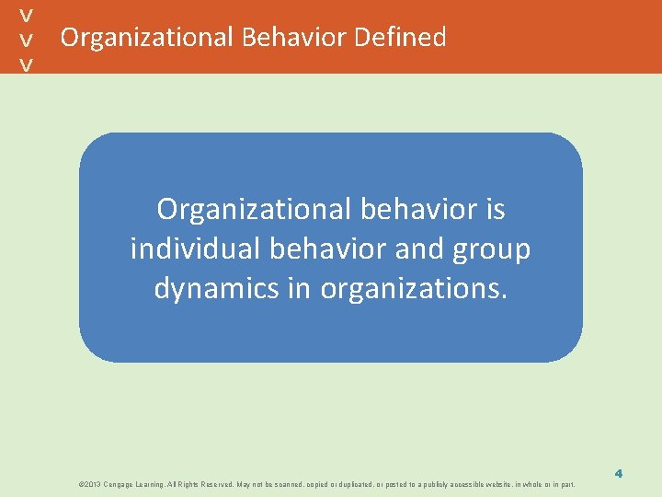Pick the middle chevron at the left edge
tap(28, 40)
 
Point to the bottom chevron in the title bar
tap(28, 64)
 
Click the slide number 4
tap(619, 473)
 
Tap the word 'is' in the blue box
tap(494, 210)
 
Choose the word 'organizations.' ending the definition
tap(414, 289)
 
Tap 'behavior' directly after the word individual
tap(324, 249)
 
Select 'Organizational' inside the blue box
tap(255, 210)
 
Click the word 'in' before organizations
tap(299, 289)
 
